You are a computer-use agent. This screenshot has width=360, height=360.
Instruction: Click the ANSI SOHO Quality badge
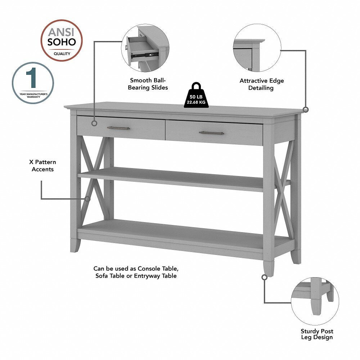(62, 40)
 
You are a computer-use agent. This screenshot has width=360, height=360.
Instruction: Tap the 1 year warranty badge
(33, 83)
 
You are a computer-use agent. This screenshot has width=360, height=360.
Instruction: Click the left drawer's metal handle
(118, 128)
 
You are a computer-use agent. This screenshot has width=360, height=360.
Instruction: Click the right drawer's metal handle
(211, 133)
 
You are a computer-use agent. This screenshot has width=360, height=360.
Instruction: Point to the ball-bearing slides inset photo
(145, 49)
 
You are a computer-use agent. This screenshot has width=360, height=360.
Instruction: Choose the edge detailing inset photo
(257, 49)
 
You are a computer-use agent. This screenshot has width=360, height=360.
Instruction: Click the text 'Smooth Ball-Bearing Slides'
(149, 84)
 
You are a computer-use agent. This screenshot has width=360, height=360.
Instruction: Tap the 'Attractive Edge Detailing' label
(262, 84)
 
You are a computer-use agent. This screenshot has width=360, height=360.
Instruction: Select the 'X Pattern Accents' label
(42, 166)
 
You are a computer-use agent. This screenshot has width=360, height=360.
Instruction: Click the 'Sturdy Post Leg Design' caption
(317, 334)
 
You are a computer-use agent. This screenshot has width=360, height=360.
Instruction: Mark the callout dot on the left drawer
(94, 123)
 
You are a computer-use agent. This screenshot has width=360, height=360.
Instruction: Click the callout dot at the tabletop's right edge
(306, 109)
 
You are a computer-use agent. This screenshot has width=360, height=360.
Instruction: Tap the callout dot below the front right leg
(265, 277)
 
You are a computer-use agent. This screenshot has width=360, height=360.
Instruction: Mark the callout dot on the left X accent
(87, 198)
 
